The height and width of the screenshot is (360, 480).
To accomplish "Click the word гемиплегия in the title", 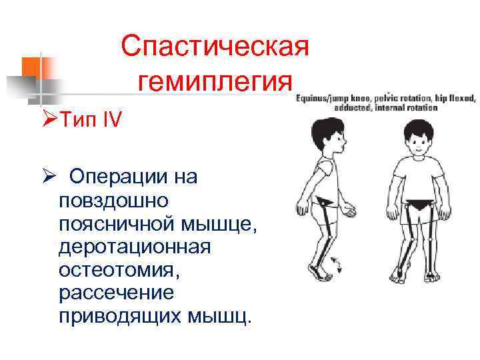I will pyautogui.click(x=215, y=83).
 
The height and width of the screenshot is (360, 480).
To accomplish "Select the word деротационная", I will pyautogui.click(x=134, y=247).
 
